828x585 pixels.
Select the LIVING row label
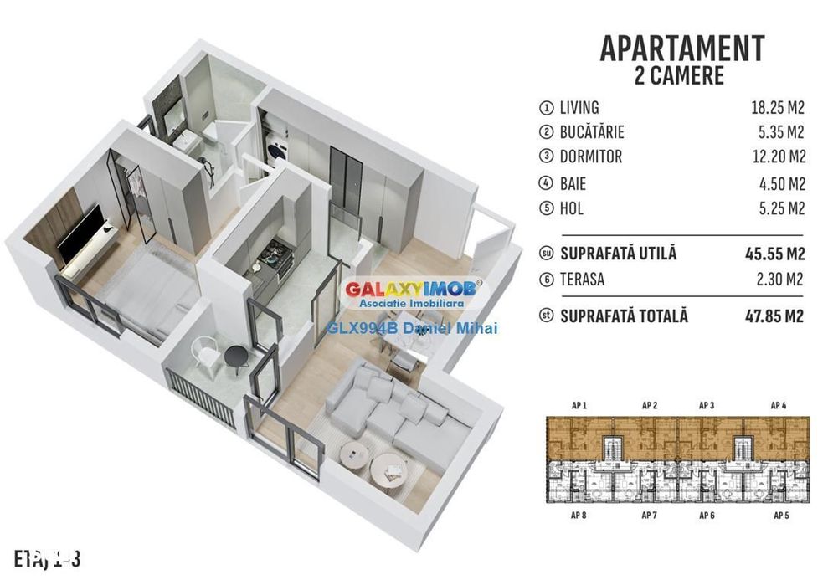tap(579, 108)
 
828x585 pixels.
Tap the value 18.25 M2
tap(778, 108)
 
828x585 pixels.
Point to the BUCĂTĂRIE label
tap(592, 132)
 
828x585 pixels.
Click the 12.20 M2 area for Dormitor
tap(778, 157)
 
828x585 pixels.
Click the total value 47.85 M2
tap(775, 317)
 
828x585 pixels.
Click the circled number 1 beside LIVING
tap(547, 108)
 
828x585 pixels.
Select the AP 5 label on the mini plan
tap(782, 515)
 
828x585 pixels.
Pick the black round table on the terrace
tap(235, 357)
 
